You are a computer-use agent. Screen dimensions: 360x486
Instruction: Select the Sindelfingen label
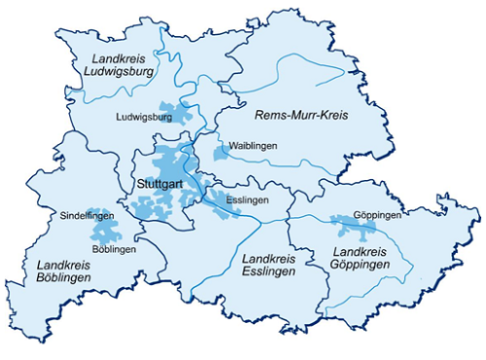[x=87, y=214]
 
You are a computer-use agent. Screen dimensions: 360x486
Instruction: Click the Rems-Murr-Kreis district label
[x=300, y=116]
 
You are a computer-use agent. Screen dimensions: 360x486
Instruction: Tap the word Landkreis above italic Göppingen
[x=350, y=252]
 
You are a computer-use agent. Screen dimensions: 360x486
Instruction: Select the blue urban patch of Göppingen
[x=352, y=228]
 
